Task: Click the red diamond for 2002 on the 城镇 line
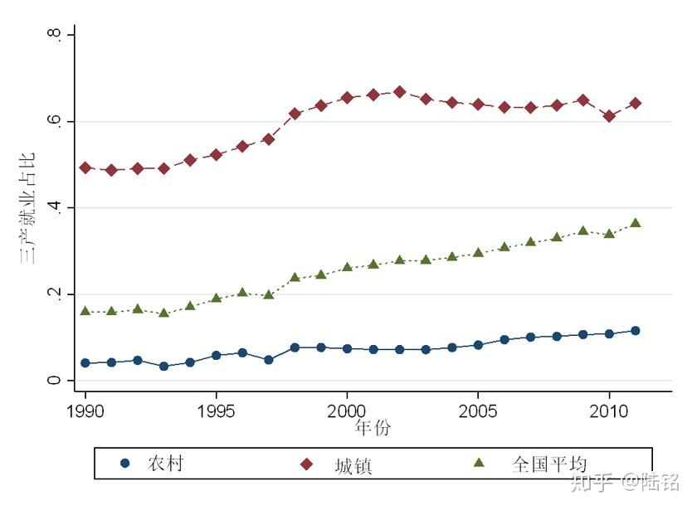click(x=399, y=92)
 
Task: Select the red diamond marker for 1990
click(x=85, y=168)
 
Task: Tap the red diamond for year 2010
click(x=609, y=116)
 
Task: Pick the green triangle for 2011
click(x=636, y=223)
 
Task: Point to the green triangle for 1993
click(x=163, y=313)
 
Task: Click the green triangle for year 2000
click(x=347, y=267)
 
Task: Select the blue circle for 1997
click(x=268, y=360)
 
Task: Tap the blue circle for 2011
click(x=636, y=331)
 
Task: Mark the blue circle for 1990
click(x=85, y=363)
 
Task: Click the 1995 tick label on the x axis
click(x=216, y=410)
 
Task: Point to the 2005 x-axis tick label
click(x=478, y=410)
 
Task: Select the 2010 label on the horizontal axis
click(x=609, y=410)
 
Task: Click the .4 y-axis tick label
click(x=54, y=207)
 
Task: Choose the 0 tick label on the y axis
click(x=54, y=381)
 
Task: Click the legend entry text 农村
click(x=165, y=464)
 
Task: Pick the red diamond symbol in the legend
click(x=304, y=464)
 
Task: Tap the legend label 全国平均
click(x=549, y=464)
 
